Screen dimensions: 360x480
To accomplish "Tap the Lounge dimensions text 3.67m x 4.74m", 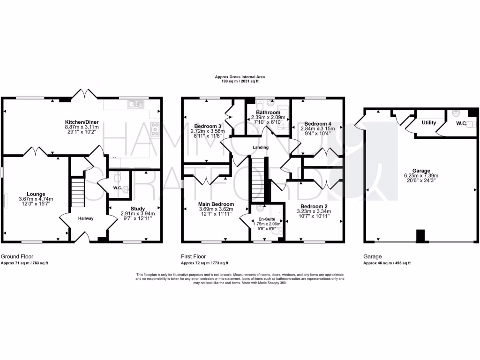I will pyautogui.click(x=36, y=199).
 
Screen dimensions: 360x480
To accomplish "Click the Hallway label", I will pyautogui.click(x=86, y=218).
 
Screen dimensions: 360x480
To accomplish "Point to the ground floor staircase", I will pyautogui.click(x=77, y=191).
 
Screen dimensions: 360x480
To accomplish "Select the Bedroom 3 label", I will pyautogui.click(x=207, y=126).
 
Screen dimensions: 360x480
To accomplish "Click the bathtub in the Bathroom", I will pyautogui.click(x=281, y=113).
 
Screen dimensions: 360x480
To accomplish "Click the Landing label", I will pyautogui.click(x=260, y=147).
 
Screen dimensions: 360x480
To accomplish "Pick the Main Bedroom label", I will pyautogui.click(x=216, y=204).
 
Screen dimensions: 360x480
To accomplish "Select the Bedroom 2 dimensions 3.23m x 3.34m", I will pyautogui.click(x=314, y=211).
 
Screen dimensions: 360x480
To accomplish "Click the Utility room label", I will pyautogui.click(x=429, y=123).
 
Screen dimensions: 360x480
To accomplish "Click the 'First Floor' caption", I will pyautogui.click(x=193, y=256).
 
